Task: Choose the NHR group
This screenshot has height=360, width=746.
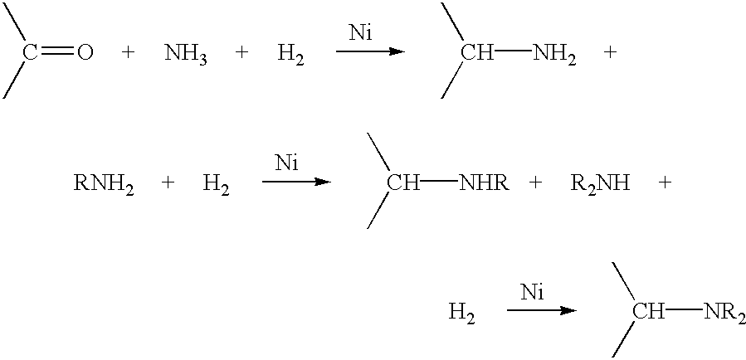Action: [484, 183]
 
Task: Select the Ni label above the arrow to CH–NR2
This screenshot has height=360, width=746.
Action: [532, 293]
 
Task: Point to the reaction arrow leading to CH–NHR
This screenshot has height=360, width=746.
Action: [296, 181]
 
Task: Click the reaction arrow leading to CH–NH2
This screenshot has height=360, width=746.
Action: [371, 51]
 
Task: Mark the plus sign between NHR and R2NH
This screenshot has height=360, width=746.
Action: [536, 183]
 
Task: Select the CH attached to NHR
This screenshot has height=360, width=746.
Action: [403, 183]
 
